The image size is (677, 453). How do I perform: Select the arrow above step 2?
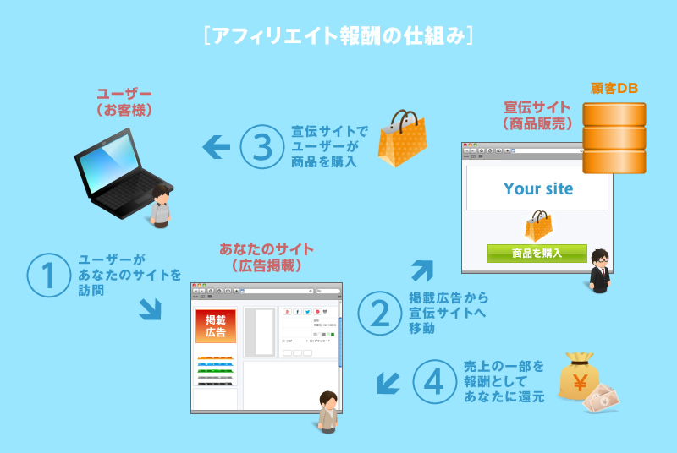421,270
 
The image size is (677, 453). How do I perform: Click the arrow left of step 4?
388,383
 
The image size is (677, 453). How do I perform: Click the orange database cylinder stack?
614,139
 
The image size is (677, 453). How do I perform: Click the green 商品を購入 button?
537,253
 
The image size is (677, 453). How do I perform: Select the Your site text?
538,188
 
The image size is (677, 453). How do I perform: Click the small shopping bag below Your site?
538,225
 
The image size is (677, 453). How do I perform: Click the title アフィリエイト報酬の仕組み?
338,36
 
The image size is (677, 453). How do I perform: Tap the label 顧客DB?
614,88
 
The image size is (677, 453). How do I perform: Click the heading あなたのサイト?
266,249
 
